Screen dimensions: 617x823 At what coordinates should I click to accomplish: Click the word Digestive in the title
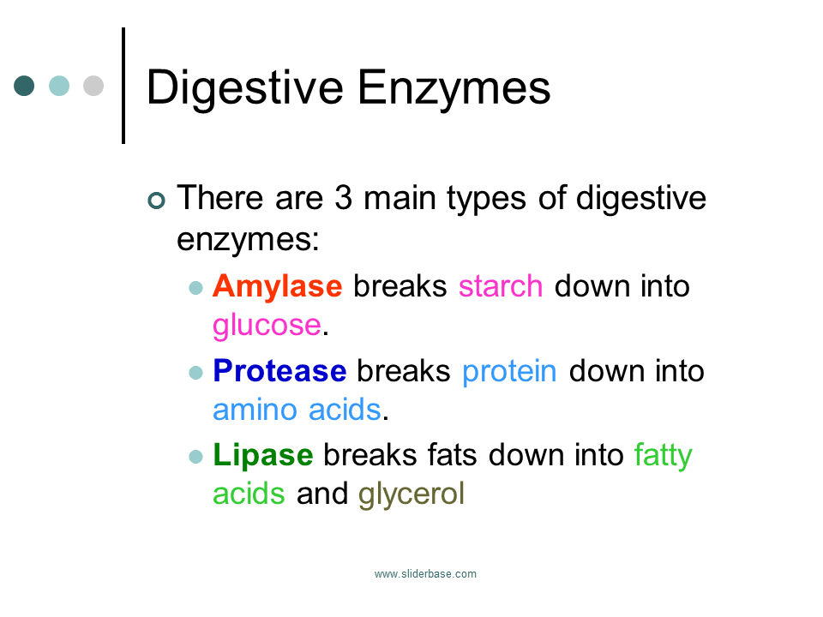(244, 87)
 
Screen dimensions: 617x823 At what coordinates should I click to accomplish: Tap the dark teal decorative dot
(24, 86)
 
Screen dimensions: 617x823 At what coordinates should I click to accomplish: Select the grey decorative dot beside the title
(93, 86)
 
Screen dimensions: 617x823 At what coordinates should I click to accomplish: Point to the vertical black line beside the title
(123, 86)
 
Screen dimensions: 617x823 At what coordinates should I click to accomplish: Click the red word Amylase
(277, 285)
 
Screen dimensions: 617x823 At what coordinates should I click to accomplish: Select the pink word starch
(501, 285)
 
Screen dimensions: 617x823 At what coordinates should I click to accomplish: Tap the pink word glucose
(266, 325)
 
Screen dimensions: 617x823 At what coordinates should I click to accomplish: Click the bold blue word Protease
(279, 370)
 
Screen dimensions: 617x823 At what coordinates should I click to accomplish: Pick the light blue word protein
(509, 370)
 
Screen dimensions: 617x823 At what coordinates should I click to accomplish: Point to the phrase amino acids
(296, 410)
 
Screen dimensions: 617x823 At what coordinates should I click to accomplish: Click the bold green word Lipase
(262, 454)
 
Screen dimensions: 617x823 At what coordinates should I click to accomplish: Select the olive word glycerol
(411, 494)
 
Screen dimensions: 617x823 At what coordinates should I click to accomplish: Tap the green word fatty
(663, 454)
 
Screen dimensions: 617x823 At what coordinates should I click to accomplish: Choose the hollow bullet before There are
(155, 201)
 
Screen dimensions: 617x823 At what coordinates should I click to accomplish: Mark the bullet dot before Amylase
(195, 287)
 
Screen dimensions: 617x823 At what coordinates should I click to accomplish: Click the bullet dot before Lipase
(195, 456)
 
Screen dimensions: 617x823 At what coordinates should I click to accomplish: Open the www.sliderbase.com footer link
(425, 574)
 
